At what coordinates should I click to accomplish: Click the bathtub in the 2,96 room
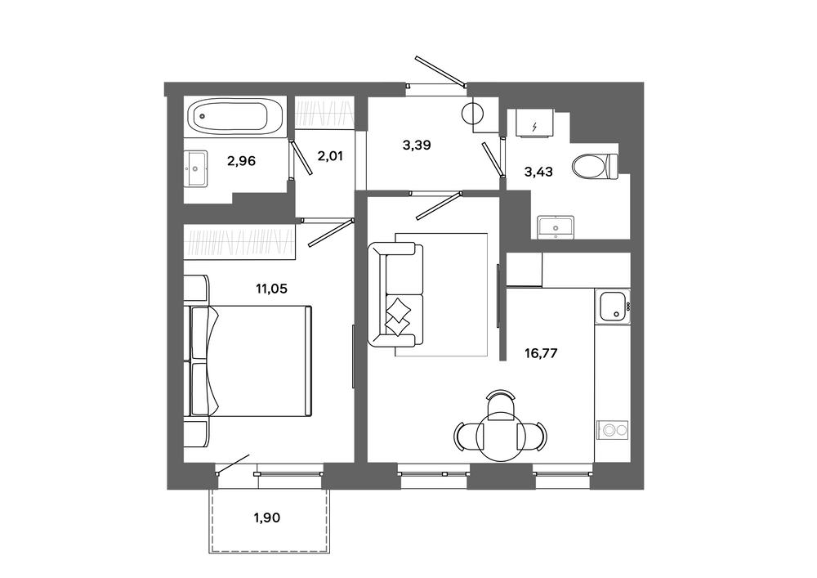coord(235,117)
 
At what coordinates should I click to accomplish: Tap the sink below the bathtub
coord(196,168)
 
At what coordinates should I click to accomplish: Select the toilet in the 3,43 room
coord(595,166)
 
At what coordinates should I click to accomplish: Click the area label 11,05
coord(271,289)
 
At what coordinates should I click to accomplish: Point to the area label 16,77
coord(541,353)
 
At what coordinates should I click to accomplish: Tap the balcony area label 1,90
coord(267,518)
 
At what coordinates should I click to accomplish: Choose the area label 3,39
coord(417,146)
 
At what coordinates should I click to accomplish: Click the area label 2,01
coord(330,156)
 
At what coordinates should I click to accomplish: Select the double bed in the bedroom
coord(248,361)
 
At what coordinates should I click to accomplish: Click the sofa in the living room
coord(395,295)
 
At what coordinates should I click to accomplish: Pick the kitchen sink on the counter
coord(614,307)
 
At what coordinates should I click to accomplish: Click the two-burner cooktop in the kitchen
coord(614,431)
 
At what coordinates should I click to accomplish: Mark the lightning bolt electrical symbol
coord(534,126)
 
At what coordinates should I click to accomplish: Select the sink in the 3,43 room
coord(556,228)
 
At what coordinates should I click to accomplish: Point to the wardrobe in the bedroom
coord(239,242)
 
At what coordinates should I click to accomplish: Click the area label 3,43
coord(538,172)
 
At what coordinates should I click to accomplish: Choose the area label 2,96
coord(241,161)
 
